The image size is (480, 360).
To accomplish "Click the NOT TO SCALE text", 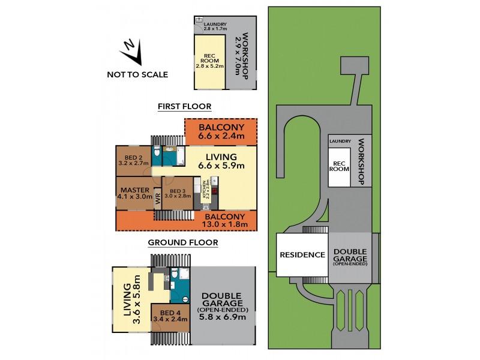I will tap(137, 75).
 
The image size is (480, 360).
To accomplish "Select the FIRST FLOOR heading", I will tap(185, 107).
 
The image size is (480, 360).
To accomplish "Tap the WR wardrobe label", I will tap(158, 197).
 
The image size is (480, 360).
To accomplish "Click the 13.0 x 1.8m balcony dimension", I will tap(225, 224).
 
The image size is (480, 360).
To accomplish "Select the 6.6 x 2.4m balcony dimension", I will tap(221, 136).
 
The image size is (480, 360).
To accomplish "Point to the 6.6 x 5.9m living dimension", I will tap(221, 165).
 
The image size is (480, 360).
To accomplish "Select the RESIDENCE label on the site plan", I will tap(302, 254).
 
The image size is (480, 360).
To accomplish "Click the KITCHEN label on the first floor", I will tap(205, 190).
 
